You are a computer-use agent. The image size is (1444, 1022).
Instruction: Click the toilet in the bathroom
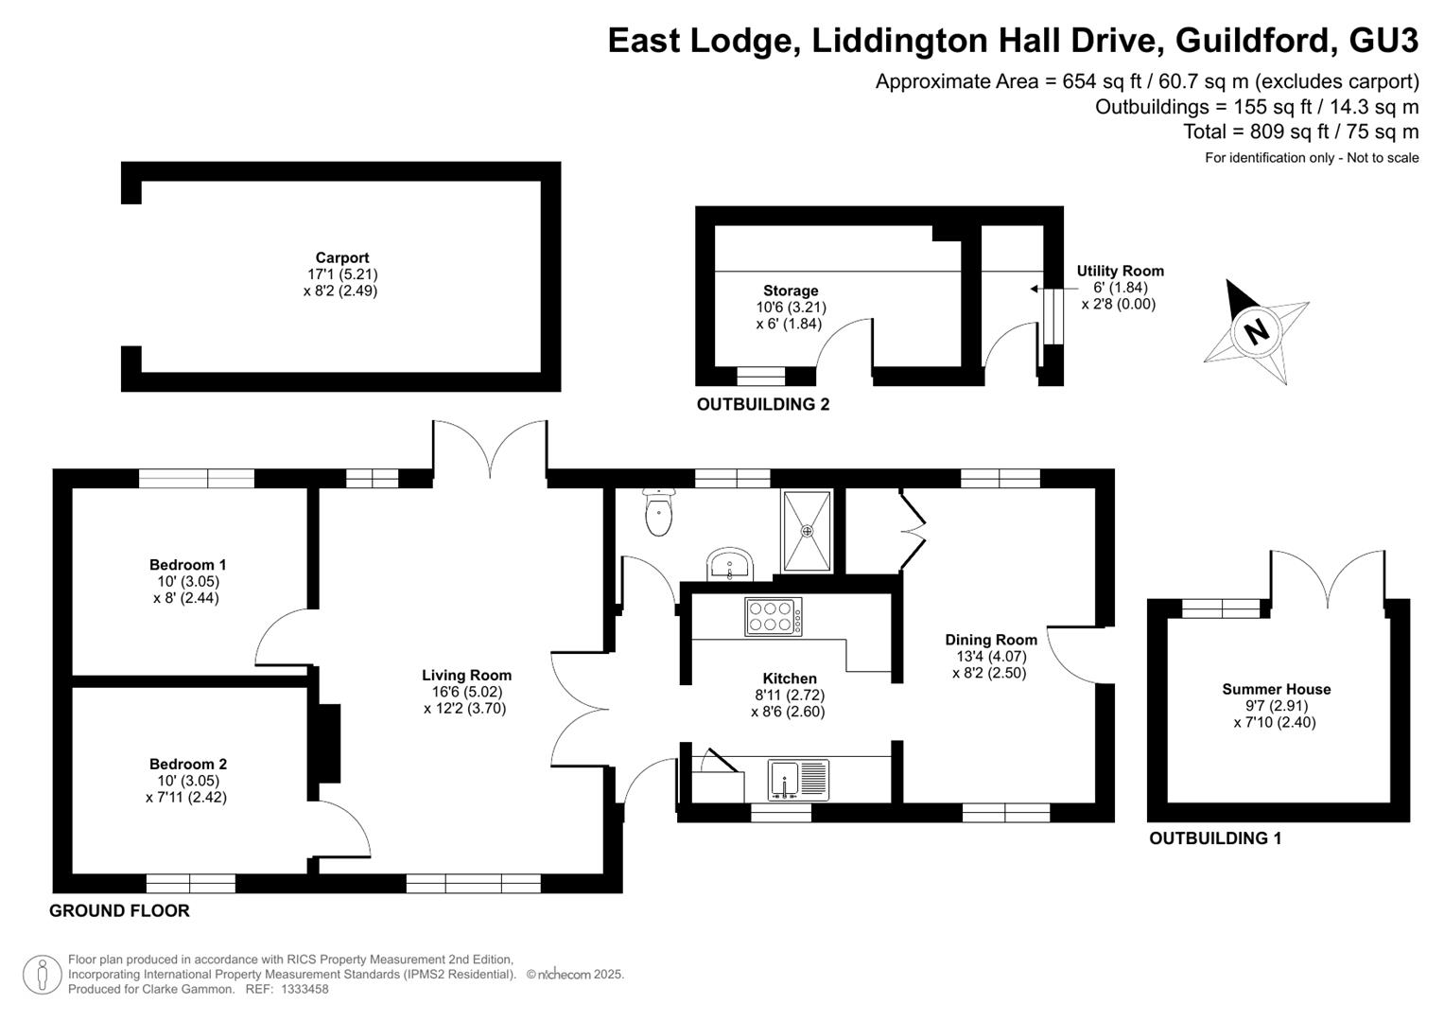click(x=658, y=512)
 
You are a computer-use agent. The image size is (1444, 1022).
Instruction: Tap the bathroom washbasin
click(x=730, y=565)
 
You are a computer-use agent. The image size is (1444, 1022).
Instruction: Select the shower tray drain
click(x=807, y=530)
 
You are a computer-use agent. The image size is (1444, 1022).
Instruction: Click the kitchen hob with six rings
click(x=774, y=617)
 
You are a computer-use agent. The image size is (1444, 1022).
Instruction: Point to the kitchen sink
click(x=799, y=780)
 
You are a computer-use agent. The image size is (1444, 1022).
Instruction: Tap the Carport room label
click(x=342, y=257)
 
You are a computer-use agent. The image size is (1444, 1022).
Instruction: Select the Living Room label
click(x=467, y=675)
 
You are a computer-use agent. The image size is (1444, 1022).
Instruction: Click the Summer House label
click(x=1277, y=689)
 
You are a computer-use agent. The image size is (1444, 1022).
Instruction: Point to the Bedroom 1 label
click(x=187, y=565)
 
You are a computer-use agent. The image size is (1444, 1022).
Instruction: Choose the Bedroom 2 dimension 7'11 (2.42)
click(x=186, y=797)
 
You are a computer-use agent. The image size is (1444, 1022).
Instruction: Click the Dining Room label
click(x=991, y=640)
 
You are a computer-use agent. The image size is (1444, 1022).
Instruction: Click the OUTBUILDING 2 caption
click(x=763, y=405)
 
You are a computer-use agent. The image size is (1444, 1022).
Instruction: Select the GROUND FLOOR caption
click(x=119, y=911)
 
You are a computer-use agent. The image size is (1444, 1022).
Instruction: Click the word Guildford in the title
click(x=1252, y=40)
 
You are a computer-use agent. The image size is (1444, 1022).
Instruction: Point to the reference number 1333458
click(x=304, y=989)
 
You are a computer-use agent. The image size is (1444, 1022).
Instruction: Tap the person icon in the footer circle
click(x=43, y=975)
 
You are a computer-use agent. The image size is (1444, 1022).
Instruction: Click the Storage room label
click(x=791, y=291)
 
